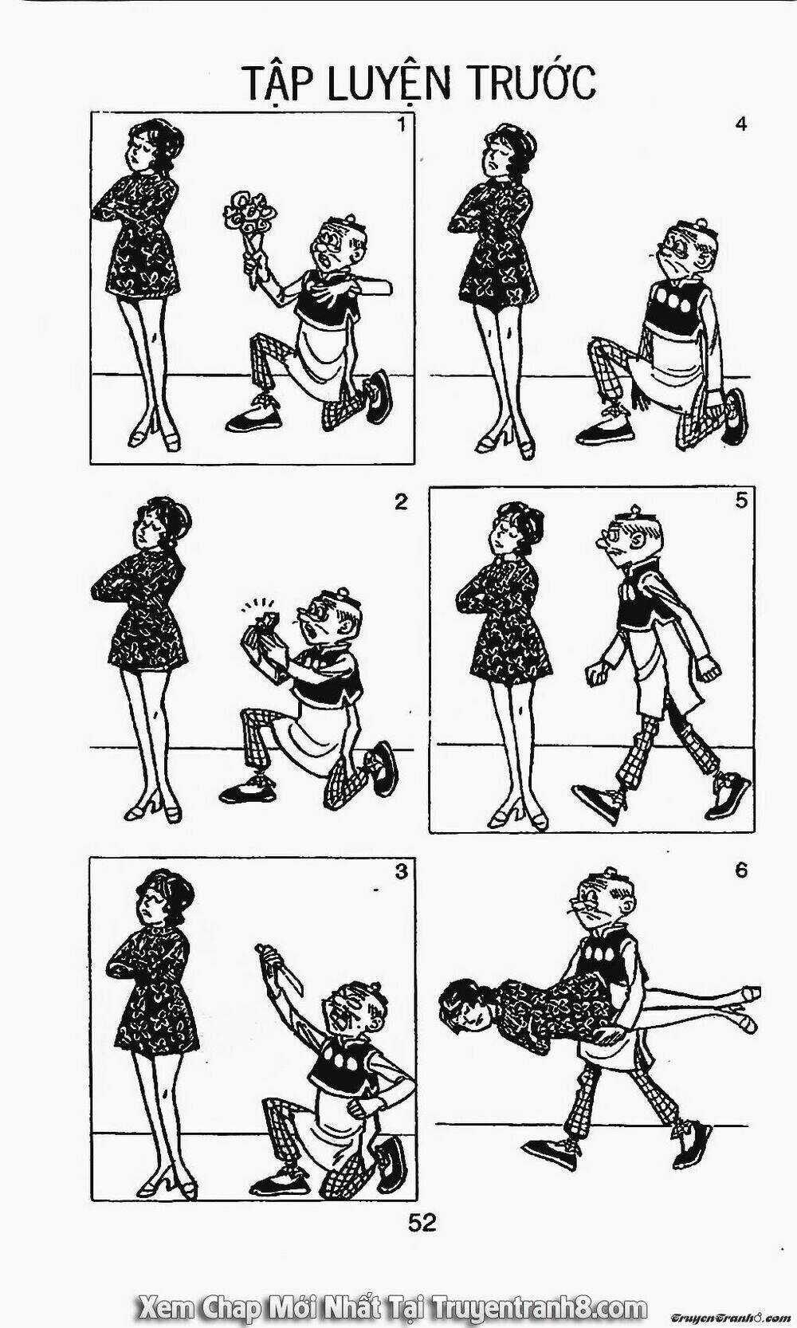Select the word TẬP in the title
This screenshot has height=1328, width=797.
[x=277, y=84]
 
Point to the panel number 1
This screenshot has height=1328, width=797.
[x=402, y=126]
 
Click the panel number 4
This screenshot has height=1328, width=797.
[x=740, y=125]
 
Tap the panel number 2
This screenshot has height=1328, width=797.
[x=401, y=503]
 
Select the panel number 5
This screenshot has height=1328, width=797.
[x=741, y=501]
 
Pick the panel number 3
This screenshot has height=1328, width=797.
[x=402, y=871]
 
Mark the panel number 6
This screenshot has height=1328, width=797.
[x=741, y=871]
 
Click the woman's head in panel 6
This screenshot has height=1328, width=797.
[x=466, y=1008]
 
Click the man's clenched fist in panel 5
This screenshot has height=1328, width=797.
[x=595, y=674]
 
